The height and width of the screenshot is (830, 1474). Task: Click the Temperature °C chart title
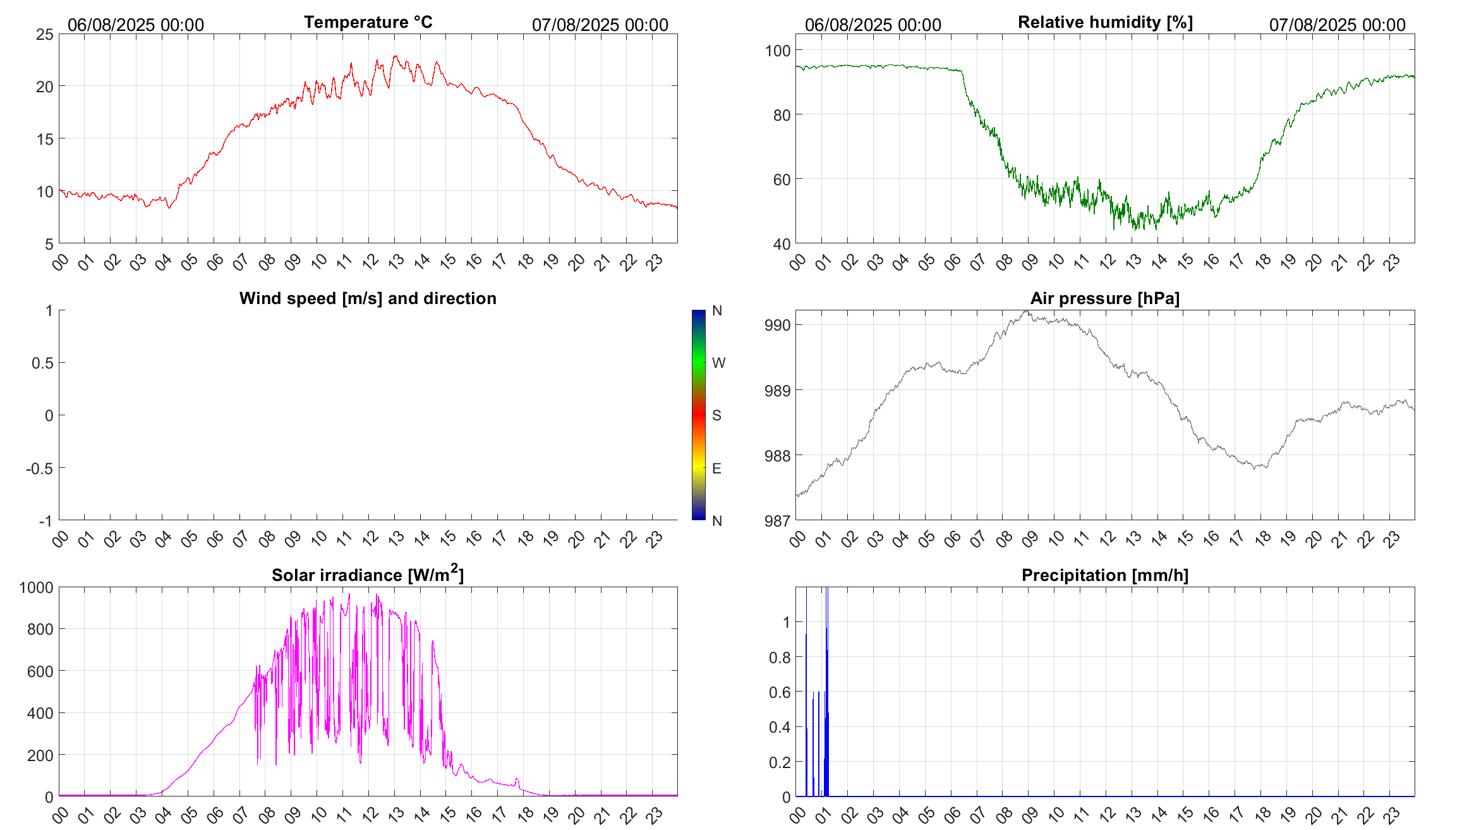[368, 22]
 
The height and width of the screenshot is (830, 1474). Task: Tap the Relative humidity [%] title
[1105, 22]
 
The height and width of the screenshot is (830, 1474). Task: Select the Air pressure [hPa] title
[1104, 298]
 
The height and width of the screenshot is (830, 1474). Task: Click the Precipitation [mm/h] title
[1104, 575]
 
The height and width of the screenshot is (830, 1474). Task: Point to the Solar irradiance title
[368, 575]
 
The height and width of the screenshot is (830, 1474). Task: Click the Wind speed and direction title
[368, 298]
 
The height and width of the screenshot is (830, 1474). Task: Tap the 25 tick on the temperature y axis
[45, 35]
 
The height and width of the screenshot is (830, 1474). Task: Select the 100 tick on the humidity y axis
[778, 51]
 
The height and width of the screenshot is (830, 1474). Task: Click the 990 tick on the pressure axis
[778, 326]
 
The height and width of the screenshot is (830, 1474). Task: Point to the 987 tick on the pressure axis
[778, 521]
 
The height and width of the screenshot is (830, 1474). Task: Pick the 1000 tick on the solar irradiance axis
[37, 588]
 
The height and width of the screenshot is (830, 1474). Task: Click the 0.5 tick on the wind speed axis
[42, 363]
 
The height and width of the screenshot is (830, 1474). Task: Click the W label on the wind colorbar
[718, 363]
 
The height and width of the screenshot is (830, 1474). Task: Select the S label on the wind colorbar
[716, 415]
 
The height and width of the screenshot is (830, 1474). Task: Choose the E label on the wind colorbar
[716, 468]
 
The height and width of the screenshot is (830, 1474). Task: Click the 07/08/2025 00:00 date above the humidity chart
[1337, 25]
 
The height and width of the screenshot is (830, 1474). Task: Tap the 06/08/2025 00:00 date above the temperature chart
[136, 25]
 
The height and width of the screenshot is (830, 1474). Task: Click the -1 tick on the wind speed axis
[45, 522]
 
